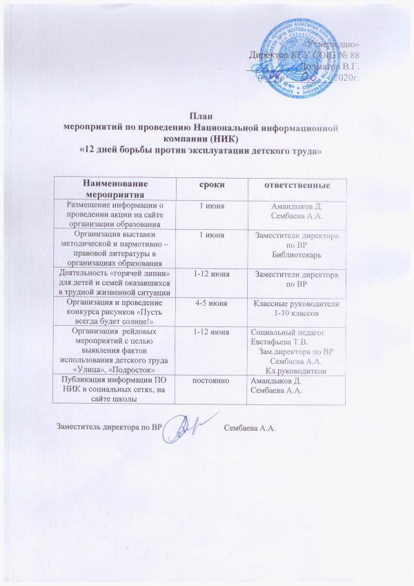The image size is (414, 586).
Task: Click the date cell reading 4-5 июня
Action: pos(210,301)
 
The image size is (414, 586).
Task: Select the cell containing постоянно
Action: pos(210,381)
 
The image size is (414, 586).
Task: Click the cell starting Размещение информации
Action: pos(115,214)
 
